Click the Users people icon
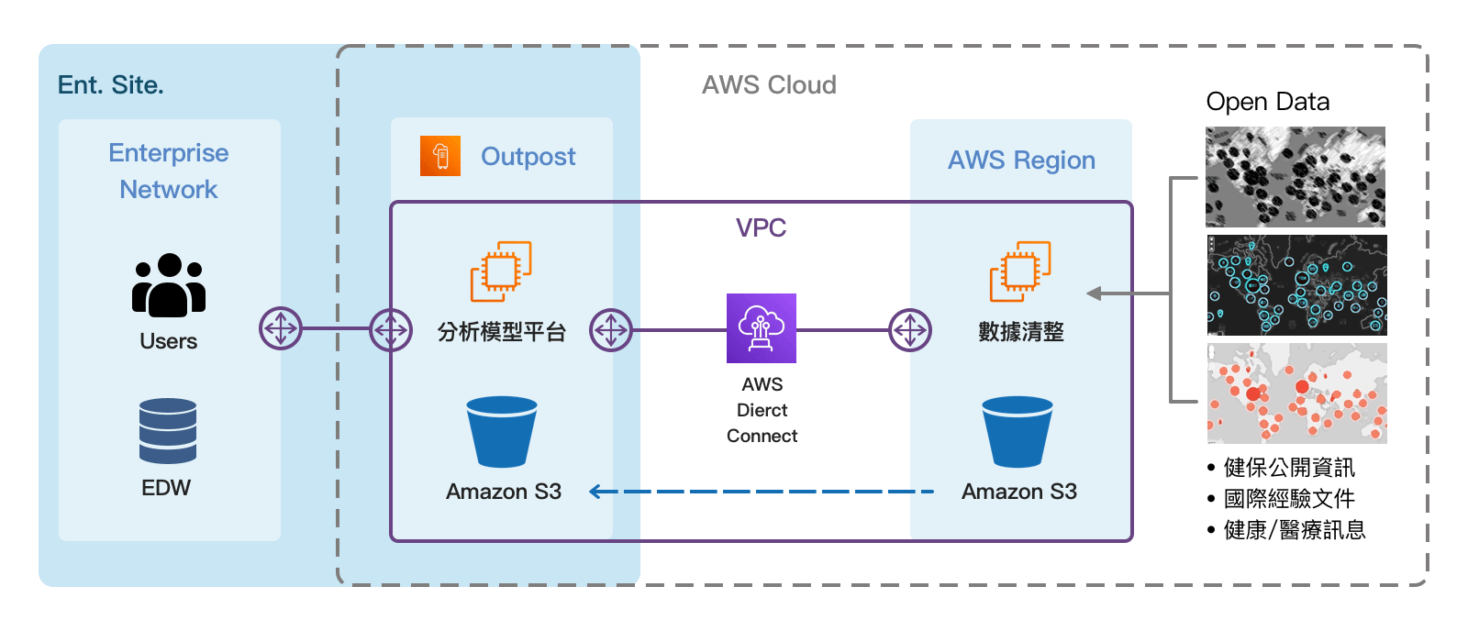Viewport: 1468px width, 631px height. coord(169,285)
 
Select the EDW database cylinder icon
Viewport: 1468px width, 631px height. coord(168,430)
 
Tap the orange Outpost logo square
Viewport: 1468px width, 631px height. coord(440,156)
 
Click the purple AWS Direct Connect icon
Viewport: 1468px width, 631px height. coord(762,328)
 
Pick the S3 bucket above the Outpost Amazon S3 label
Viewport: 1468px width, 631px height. coord(502,432)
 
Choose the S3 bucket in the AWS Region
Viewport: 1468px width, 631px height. coord(1018,432)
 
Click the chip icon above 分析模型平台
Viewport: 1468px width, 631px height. coord(501,271)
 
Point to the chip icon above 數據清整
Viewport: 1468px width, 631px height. coord(1020,271)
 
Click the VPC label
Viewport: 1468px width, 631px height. coord(761,227)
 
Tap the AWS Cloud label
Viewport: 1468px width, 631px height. coord(769,85)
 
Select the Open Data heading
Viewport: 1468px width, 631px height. coord(1267,102)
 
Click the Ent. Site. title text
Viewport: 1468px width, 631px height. coord(110,85)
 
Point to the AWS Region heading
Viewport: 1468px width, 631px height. coord(1021,161)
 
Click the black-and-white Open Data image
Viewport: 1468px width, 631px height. coord(1295,177)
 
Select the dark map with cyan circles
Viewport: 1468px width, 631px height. coord(1296,285)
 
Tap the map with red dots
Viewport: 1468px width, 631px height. coord(1296,393)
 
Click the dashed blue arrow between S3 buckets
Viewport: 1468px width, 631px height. coord(762,493)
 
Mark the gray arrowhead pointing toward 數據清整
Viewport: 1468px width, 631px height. coord(1094,293)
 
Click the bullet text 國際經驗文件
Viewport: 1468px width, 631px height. coord(1289,499)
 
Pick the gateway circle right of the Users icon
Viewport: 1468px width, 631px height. coord(281,328)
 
